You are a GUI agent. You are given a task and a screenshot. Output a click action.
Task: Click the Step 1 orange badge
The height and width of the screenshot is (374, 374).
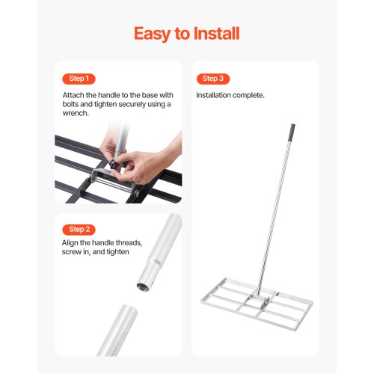[79, 79]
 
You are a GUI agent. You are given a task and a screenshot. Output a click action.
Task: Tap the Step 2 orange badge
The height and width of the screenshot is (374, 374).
[79, 230]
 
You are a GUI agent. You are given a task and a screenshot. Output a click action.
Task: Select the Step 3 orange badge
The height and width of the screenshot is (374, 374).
[213, 79]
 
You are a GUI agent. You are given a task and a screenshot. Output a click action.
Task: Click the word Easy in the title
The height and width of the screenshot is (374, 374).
[153, 34]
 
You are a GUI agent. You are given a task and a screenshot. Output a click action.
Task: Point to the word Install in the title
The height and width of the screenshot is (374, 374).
[216, 34]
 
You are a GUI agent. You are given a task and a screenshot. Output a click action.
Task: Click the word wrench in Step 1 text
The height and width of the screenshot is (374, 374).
[75, 113]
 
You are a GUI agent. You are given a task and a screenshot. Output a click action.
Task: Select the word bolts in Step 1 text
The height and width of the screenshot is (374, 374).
[70, 104]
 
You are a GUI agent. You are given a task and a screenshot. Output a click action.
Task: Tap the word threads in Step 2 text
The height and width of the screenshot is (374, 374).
[129, 242]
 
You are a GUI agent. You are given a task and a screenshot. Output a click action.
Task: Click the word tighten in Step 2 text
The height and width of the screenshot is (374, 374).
[117, 252]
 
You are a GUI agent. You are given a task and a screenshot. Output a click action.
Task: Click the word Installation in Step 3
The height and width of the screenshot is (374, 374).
[213, 95]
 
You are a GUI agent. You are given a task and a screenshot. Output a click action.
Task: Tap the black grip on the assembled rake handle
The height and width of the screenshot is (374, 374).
[292, 132]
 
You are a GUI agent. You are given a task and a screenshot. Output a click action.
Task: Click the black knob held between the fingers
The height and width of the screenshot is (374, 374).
[114, 165]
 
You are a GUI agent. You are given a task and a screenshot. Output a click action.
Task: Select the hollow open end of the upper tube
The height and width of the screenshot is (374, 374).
[143, 287]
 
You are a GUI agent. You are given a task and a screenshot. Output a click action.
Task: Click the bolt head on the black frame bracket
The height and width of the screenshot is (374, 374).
[137, 193]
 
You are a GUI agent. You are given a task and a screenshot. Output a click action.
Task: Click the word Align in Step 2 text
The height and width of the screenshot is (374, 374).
[70, 243]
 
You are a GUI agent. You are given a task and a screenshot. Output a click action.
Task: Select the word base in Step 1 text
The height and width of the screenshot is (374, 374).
[150, 95]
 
